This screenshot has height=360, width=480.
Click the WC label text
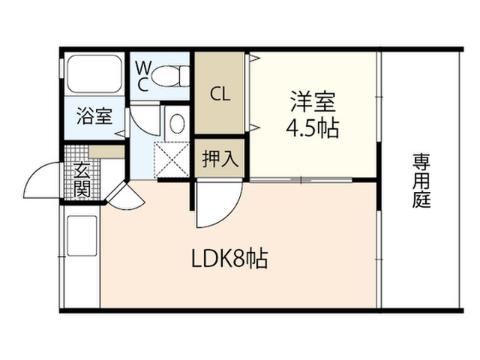[143, 76]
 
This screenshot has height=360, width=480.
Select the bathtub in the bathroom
[94, 73]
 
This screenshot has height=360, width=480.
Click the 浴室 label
[94, 116]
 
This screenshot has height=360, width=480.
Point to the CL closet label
[220, 94]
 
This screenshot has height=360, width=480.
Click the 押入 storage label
[220, 159]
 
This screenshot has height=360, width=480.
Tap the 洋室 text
[313, 102]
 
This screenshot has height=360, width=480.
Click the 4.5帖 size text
[312, 128]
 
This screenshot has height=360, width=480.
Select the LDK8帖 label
[229, 259]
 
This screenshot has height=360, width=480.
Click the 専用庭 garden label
[421, 181]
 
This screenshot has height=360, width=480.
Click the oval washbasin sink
[177, 124]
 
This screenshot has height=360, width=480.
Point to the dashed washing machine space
[172, 160]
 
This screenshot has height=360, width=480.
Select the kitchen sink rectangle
[82, 235]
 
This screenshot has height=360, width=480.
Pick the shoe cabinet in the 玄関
[106, 151]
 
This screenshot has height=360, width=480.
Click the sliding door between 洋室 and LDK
[301, 180]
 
